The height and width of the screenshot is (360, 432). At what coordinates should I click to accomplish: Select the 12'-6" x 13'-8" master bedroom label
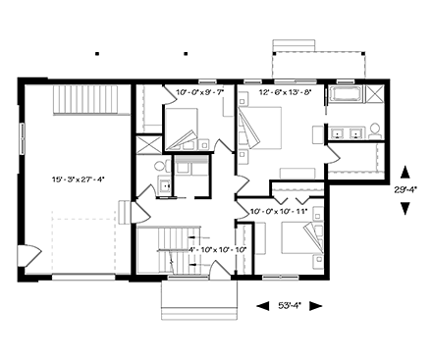(284, 92)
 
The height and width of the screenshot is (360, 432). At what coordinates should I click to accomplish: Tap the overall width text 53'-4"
(290, 305)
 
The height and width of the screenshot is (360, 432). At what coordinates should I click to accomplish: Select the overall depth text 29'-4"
(407, 190)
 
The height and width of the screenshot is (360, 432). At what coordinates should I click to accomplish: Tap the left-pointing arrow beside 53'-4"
(262, 305)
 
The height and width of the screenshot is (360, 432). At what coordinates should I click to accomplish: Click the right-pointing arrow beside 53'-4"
(317, 305)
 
